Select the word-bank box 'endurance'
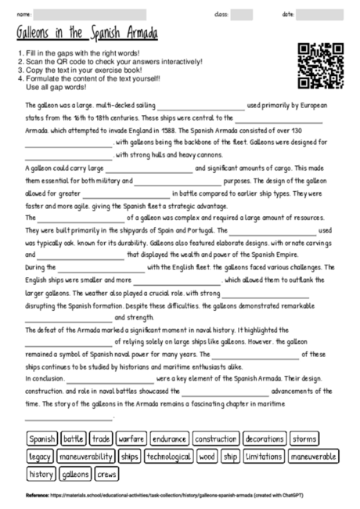(168, 439)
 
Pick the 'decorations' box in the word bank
(265, 439)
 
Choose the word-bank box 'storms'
(305, 439)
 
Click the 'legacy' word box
(40, 456)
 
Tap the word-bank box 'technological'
(169, 456)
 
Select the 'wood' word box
(207, 456)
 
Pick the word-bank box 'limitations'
(264, 456)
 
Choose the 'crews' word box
(107, 474)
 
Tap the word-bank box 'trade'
(101, 439)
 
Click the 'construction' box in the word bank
(216, 439)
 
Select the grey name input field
(90, 14)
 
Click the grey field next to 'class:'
(242, 14)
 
